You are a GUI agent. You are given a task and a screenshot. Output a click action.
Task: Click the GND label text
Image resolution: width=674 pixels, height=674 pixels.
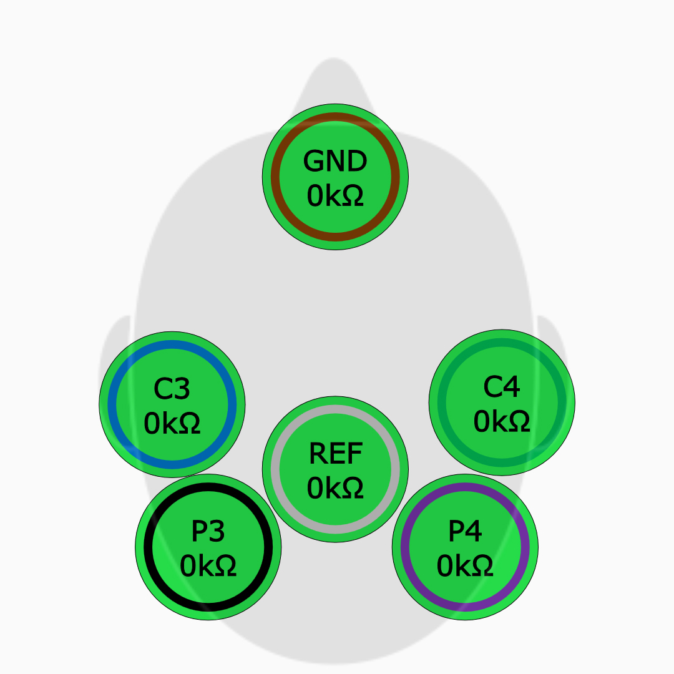click(335, 162)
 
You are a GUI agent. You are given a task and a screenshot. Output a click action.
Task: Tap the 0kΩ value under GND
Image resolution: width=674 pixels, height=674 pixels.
click(335, 196)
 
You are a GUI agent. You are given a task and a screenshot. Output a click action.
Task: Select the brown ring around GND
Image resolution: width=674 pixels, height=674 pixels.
click(335, 117)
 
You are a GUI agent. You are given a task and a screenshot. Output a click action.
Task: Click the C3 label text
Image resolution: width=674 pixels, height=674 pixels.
click(172, 389)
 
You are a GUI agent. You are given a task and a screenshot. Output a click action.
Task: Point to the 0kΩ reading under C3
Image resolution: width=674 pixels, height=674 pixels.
click(172, 424)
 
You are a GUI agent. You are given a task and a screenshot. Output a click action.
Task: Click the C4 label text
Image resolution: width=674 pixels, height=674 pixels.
click(502, 388)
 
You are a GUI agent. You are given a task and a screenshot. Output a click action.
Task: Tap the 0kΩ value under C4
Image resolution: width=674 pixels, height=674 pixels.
click(502, 422)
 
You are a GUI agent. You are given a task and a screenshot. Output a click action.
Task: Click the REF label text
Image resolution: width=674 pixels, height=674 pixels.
click(335, 454)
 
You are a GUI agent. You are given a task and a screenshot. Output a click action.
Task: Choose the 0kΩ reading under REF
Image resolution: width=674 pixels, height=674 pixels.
click(335, 488)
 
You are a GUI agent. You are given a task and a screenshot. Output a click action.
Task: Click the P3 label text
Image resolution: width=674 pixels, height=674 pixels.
click(208, 532)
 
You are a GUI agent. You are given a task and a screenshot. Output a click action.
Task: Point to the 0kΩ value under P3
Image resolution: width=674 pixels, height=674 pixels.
click(208, 566)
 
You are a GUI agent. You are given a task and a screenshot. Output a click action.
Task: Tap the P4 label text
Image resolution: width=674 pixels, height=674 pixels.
click(465, 532)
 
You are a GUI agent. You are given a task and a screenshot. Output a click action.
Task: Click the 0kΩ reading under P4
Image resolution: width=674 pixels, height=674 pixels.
click(465, 566)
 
